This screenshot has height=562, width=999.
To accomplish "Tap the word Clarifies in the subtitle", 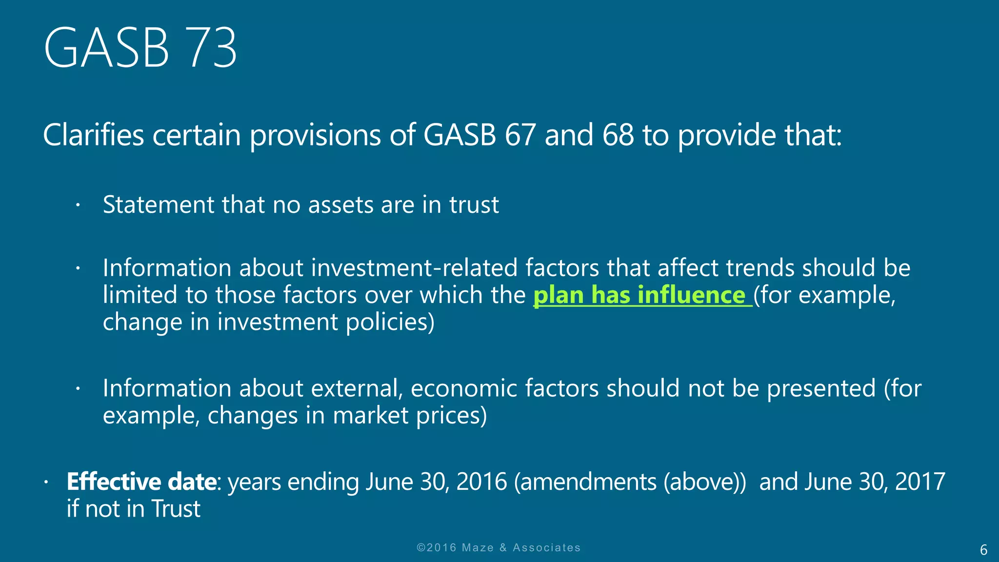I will point(93,135).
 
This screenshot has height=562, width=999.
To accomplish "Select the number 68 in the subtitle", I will point(618,135).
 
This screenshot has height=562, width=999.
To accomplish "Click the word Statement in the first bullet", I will point(159,204).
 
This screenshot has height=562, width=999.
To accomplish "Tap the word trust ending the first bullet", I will point(474,204).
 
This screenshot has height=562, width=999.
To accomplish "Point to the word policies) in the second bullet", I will point(390,322).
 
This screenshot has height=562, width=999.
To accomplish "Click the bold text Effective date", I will point(141,482).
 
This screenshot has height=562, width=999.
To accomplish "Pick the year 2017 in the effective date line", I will point(920,482).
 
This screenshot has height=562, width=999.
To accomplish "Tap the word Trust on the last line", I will point(176,509).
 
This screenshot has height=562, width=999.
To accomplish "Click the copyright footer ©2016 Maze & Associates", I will point(499,548).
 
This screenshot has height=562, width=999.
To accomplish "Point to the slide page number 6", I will point(983,550).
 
